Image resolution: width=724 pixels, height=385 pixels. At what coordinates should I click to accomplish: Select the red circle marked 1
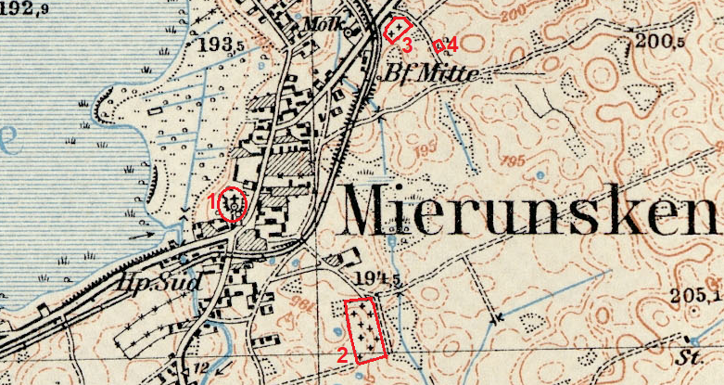click(233, 203)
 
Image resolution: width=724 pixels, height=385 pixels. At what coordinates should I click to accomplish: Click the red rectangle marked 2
click(363, 327)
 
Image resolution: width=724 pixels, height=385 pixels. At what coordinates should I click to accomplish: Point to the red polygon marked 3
click(398, 30)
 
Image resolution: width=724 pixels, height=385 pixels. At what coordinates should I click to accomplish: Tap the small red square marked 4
click(438, 44)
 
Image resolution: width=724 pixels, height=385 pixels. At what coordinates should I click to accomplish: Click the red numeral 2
click(341, 353)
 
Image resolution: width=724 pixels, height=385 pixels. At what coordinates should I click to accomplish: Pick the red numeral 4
click(451, 44)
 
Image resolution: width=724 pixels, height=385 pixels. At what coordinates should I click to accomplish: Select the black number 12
click(202, 368)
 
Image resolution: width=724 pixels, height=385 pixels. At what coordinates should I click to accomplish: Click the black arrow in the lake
click(142, 235)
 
